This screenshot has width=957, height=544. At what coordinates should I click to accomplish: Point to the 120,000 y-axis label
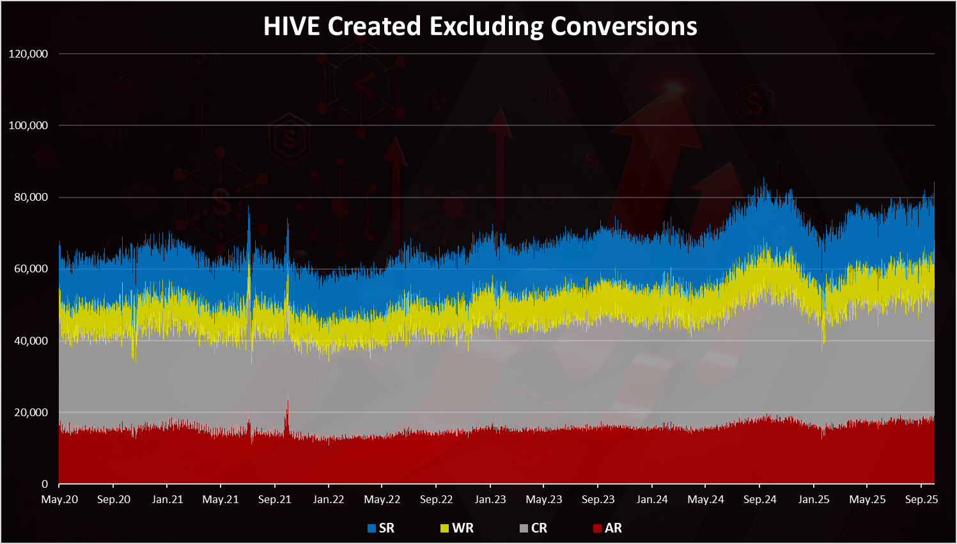29,54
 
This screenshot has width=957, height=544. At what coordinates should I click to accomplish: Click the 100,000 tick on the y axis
29,125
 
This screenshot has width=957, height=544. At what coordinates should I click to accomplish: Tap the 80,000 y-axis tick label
31,197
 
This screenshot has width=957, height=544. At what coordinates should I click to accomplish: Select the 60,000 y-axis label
31,268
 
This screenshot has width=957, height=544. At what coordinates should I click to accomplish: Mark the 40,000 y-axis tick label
31,341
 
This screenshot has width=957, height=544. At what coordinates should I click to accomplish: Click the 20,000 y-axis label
31,412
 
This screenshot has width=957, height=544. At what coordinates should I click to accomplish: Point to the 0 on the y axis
45,484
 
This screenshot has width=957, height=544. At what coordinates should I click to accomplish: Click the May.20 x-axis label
59,499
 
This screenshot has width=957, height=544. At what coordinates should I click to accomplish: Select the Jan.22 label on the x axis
329,499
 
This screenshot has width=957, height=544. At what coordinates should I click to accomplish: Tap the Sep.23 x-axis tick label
598,499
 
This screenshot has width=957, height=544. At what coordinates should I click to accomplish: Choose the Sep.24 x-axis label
759,499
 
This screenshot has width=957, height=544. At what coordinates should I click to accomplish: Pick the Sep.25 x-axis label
921,499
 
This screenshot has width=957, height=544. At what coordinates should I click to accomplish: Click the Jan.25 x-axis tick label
814,499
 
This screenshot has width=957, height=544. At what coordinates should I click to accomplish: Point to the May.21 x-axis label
221,499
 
